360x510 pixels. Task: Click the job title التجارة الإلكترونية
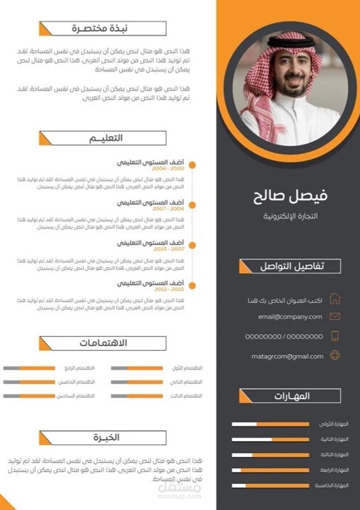[x=291, y=216]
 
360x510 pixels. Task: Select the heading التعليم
[x=106, y=138]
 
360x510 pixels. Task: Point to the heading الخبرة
[x=106, y=438]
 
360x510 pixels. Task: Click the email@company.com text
[x=290, y=317]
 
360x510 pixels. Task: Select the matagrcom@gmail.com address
[x=287, y=356]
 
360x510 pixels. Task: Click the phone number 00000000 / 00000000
[x=284, y=337]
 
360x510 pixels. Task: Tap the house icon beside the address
[x=335, y=299]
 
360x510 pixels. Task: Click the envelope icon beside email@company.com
[x=335, y=317]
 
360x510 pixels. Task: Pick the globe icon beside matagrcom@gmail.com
[x=335, y=356]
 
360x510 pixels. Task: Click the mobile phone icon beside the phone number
[x=335, y=336]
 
